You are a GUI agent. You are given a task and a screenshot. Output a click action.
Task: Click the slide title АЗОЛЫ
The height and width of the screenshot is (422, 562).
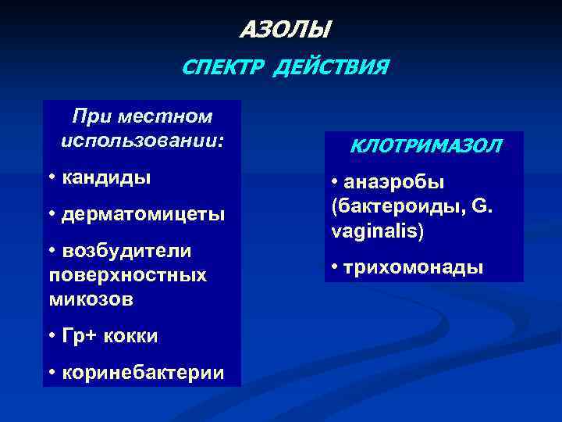[x=284, y=30]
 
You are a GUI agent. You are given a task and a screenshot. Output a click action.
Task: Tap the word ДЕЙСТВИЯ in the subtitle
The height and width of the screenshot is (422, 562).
[x=329, y=68]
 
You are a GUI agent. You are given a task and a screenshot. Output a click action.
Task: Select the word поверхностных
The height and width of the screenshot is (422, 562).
[x=127, y=275]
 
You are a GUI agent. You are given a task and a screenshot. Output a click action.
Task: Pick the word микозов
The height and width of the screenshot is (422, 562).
[x=91, y=299]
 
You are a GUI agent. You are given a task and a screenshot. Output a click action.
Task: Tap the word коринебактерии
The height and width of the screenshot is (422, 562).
[x=143, y=373]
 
